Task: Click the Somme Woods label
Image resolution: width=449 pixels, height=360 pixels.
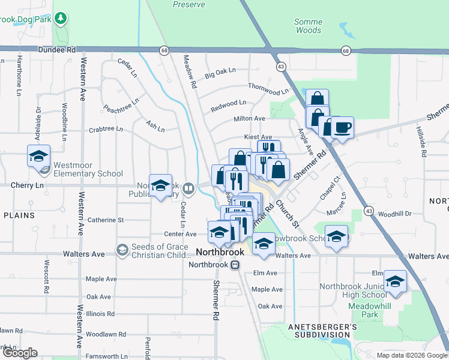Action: (x=309, y=26)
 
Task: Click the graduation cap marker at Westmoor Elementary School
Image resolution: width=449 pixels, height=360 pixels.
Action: (x=38, y=156)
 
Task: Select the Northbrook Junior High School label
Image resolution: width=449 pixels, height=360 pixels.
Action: (x=353, y=290)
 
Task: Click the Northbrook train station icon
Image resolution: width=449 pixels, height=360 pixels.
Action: (x=236, y=265)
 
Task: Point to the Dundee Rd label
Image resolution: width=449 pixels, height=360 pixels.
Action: (x=62, y=51)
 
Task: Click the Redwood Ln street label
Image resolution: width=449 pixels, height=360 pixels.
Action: (x=228, y=106)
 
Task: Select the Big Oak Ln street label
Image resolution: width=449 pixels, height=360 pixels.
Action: (x=220, y=74)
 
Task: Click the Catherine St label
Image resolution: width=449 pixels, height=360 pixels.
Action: (x=106, y=220)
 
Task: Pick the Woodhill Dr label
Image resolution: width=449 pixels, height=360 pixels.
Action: (x=395, y=214)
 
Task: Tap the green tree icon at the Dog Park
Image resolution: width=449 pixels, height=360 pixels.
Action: (x=60, y=18)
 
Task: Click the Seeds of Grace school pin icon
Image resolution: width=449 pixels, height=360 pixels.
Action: (x=122, y=249)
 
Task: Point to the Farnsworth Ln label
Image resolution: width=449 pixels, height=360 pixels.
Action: (x=106, y=356)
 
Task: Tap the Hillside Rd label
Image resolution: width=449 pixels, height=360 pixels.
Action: (x=423, y=142)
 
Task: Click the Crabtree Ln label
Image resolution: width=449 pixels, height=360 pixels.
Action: (x=106, y=129)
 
